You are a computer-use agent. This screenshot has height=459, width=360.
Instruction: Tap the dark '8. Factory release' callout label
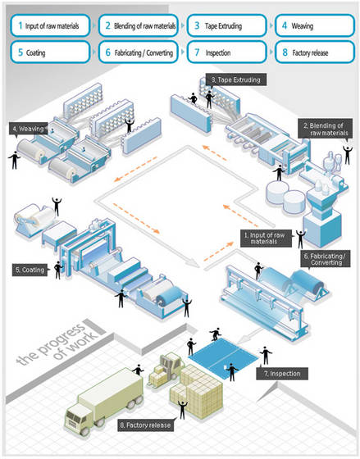147,425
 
